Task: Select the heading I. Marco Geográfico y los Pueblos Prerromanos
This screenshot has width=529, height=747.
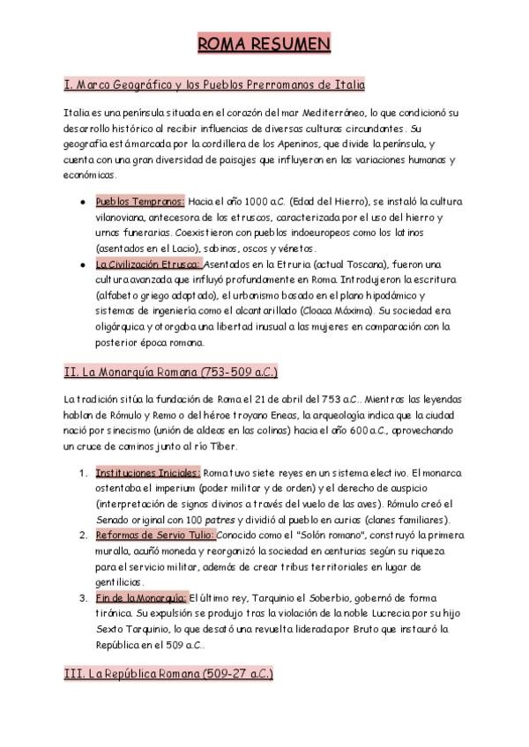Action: coord(214,85)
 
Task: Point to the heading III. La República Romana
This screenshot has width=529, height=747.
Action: coord(168,674)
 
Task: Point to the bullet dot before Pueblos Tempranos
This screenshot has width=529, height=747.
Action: coord(83,202)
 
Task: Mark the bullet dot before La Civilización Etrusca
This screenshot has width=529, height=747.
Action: coord(83,264)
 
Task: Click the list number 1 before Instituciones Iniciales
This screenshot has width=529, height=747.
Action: coord(82,472)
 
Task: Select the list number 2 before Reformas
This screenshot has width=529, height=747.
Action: coord(82,536)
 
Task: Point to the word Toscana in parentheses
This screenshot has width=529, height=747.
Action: coord(336,264)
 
